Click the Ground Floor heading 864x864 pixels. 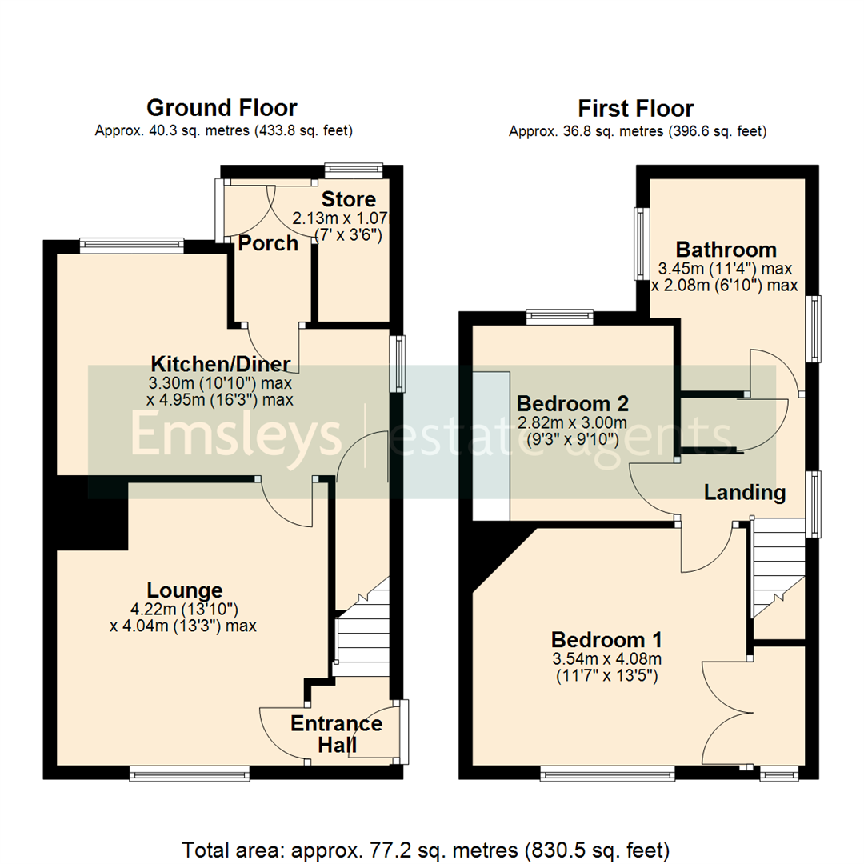coord(222,108)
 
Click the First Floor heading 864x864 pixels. coord(636,108)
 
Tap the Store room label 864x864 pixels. coord(348,199)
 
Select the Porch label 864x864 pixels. coord(269,243)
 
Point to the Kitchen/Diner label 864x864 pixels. coord(221,365)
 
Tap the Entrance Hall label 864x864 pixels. coord(336,734)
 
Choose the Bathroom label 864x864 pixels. coord(726,249)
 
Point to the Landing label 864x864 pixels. coord(744,493)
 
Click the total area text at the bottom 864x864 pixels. coord(432,848)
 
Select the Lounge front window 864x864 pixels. coord(190,773)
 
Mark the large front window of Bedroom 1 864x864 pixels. coord(607,773)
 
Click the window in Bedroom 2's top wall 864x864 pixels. coord(560,318)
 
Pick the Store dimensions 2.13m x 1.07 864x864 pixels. coord(348,218)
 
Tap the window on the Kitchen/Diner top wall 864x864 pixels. coord(132,246)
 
